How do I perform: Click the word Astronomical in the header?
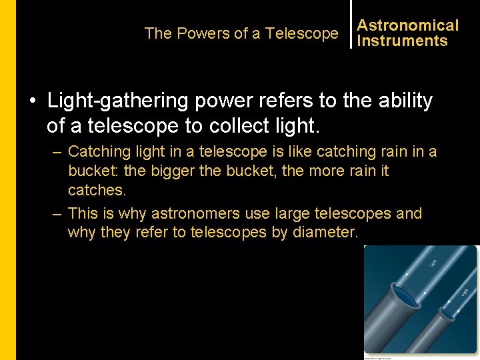pyautogui.click(x=407, y=25)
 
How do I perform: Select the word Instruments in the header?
pyautogui.click(x=402, y=41)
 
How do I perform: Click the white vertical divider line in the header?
pyautogui.click(x=351, y=24)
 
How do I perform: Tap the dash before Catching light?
pyautogui.click(x=57, y=152)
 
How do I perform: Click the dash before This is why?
pyautogui.click(x=57, y=213)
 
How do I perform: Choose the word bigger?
pyautogui.click(x=172, y=171)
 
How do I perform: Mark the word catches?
pyautogui.click(x=96, y=190)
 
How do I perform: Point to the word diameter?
pyautogui.click(x=327, y=232)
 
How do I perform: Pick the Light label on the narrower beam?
pyautogui.click(x=465, y=291)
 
